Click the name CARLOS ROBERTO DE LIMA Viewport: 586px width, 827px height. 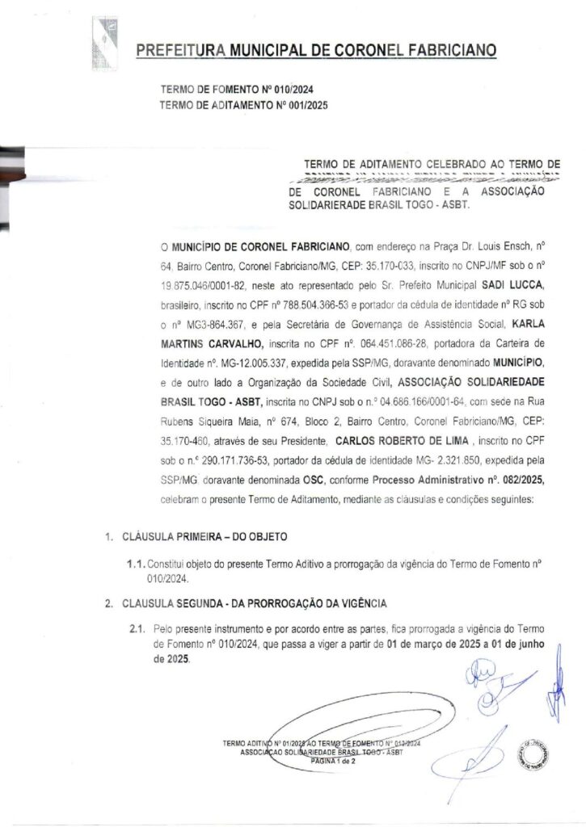point(405,442)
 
